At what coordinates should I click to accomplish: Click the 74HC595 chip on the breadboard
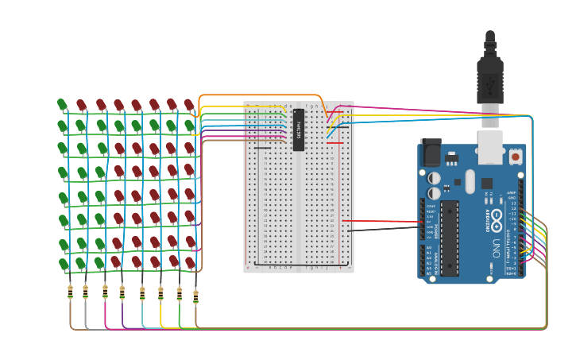299,130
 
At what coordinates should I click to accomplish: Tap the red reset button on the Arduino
516,157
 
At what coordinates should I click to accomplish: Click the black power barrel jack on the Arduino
430,153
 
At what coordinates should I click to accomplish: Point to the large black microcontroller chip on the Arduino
450,238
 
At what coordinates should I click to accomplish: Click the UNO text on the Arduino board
497,247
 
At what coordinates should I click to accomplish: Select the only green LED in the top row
63,105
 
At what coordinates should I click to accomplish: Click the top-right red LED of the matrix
189,105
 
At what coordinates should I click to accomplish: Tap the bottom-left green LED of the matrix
63,263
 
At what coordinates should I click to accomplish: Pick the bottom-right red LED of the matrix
190,262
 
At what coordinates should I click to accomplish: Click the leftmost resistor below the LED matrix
70,292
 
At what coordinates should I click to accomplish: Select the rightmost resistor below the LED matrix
195,296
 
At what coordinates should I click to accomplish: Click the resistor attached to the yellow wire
160,294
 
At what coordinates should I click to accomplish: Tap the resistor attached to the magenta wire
105,292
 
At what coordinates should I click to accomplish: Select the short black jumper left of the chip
262,148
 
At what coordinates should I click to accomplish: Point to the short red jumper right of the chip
334,143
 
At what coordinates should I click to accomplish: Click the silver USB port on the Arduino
490,148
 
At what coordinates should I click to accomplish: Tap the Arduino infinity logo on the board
497,217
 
